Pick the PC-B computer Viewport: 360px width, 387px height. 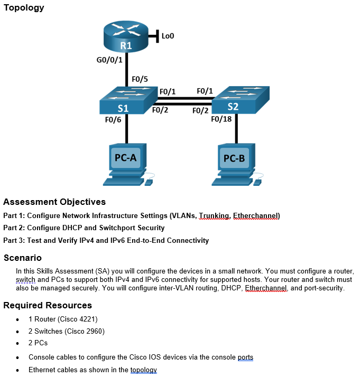click(x=234, y=164)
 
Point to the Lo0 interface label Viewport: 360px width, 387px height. click(x=168, y=36)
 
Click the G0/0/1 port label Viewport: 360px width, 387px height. click(x=109, y=60)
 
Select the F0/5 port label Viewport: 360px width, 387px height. click(x=140, y=79)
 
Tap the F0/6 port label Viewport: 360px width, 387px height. click(x=113, y=120)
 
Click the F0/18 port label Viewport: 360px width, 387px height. click(x=221, y=119)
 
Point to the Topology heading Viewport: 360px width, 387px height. click(x=24, y=8)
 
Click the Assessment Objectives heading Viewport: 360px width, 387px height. click(x=54, y=202)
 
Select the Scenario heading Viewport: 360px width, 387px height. click(x=23, y=258)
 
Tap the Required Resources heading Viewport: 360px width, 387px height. click(x=48, y=305)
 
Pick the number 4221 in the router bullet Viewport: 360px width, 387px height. click(x=88, y=319)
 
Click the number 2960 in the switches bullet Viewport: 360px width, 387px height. click(x=95, y=331)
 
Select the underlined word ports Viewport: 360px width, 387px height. click(x=245, y=357)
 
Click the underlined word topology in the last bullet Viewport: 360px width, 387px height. click(x=143, y=370)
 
